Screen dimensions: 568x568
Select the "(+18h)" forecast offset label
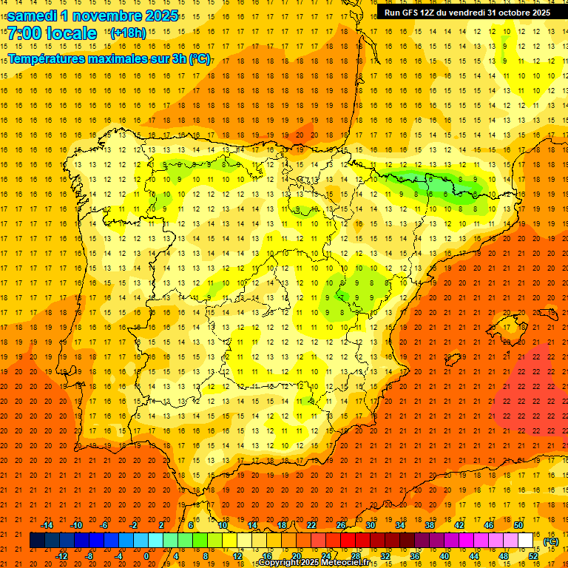(x=129, y=33)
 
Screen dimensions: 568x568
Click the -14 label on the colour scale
(x=47, y=525)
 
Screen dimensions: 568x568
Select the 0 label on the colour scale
(x=146, y=555)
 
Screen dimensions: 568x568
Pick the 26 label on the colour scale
(x=341, y=525)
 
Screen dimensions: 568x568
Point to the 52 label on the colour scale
(x=533, y=555)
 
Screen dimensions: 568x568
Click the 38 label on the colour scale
(x=430, y=525)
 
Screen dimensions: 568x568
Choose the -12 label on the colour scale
(x=61, y=555)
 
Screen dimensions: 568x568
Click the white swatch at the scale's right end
(x=526, y=541)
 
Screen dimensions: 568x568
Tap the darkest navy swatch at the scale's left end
(x=37, y=541)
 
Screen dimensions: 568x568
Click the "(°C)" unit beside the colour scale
(x=550, y=541)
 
